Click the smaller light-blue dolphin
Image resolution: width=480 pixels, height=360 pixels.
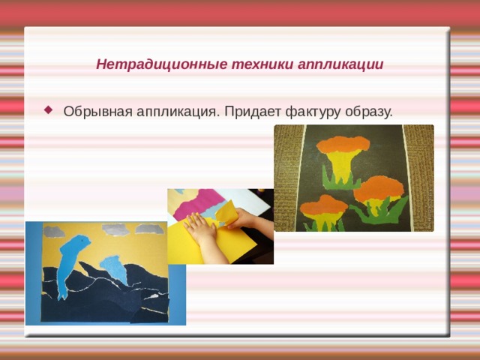point(113,267)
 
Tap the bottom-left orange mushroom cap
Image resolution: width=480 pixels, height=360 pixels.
point(322,204)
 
